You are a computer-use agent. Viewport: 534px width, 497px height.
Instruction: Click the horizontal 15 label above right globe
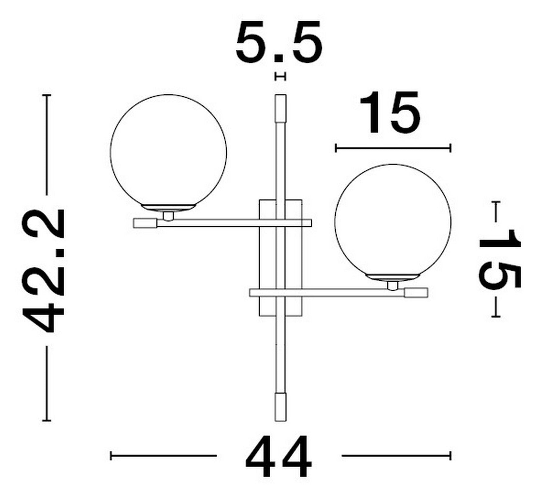pos(390,112)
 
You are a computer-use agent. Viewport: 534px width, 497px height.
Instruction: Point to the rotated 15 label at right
pos(500,259)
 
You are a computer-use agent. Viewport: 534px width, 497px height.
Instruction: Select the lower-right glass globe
pos(393,223)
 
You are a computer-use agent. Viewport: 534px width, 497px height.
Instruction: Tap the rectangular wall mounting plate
pos(280,258)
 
